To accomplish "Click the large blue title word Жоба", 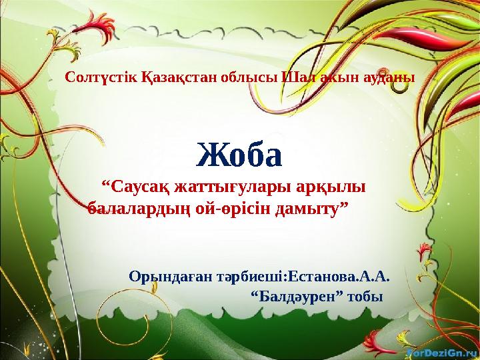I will [x=241, y=154].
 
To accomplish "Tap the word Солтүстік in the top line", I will [x=101, y=77].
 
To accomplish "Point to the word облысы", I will [x=245, y=77].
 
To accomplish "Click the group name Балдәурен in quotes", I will [x=300, y=295].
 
